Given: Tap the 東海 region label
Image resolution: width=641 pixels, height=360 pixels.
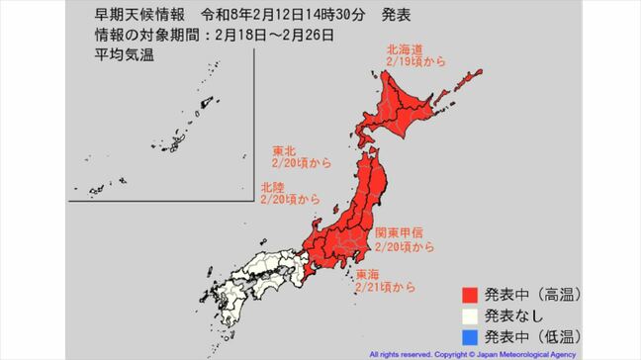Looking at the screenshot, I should click(367, 274).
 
